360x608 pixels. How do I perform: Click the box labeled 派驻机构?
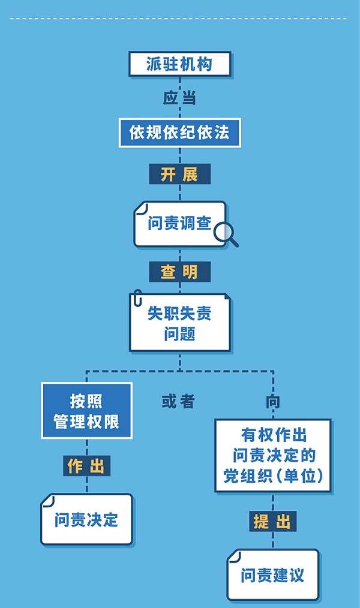[x=179, y=64]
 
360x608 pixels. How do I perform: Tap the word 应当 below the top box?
[x=179, y=98]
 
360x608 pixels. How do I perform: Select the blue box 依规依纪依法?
[x=179, y=133]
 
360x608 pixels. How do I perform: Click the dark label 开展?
[x=179, y=174]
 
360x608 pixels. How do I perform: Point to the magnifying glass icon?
[x=226, y=234]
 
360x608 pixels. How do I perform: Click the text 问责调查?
[x=179, y=224]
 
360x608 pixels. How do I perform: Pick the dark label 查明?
[x=179, y=272]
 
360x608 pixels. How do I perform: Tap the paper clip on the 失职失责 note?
[x=138, y=299]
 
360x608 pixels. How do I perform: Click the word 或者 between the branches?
[x=178, y=401]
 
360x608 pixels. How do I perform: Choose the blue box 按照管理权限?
[x=86, y=411]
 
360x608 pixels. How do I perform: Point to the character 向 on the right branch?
[x=273, y=401]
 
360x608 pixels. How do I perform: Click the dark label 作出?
[x=86, y=466]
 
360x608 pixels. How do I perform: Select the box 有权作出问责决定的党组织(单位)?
[x=273, y=455]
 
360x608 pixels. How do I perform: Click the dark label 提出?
[x=273, y=521]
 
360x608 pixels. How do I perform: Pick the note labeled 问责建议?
[x=273, y=576]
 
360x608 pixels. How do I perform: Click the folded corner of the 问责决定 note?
[x=48, y=501]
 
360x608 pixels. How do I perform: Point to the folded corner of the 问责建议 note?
[x=234, y=556]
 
